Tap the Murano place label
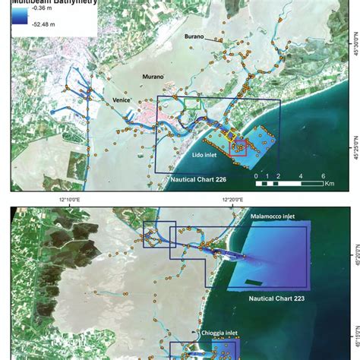(x=156, y=77)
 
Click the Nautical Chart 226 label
(x=197, y=182)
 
